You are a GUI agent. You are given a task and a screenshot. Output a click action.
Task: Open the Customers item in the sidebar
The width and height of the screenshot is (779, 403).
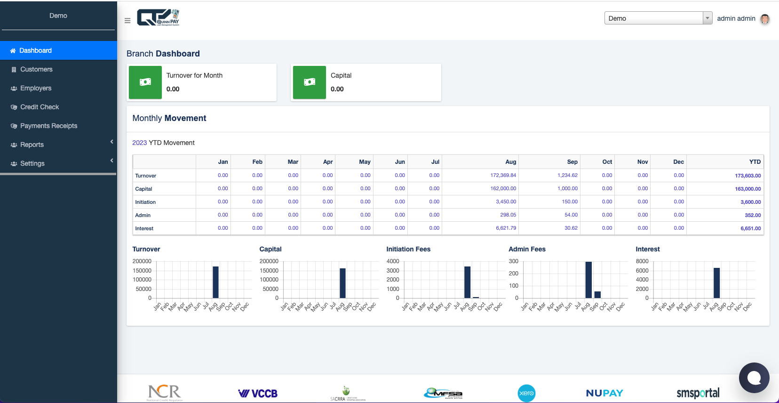pos(36,69)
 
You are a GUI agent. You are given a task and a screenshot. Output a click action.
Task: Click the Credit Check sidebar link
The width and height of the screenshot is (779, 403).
pos(40,107)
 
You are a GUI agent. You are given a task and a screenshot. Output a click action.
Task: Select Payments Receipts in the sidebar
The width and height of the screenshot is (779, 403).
pos(48,126)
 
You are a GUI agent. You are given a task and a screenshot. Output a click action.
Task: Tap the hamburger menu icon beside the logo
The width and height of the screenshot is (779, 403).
pos(127,21)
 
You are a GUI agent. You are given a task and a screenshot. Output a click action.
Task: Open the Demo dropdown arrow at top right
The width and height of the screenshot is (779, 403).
pos(707,18)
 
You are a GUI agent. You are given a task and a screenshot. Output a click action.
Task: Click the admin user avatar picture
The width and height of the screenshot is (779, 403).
pos(765,19)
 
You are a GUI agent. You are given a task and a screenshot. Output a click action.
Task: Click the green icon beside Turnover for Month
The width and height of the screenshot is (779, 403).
pos(145,82)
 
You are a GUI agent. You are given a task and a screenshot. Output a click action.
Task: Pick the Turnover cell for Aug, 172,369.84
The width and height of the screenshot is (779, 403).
pos(503,175)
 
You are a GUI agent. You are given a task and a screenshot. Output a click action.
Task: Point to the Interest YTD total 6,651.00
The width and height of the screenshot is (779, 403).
pos(750,228)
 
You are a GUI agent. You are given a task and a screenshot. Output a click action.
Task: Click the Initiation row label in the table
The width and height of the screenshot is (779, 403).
pos(145,202)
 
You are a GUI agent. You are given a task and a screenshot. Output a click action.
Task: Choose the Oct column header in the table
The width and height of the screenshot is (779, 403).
pos(607,162)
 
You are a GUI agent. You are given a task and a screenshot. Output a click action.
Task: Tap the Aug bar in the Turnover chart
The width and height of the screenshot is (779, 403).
pos(215,282)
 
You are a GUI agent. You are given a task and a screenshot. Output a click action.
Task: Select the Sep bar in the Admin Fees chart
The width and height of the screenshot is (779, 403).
pos(597,295)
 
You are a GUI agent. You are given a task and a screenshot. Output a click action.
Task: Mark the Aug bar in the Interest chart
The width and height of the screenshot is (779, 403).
pos(716,283)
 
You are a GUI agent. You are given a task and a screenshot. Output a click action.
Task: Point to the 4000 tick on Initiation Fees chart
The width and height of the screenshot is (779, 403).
pos(393,261)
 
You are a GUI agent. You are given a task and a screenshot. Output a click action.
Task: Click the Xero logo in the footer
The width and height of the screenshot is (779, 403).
pos(526,393)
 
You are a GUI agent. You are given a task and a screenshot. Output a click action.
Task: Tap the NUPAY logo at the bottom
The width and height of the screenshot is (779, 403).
pos(604,393)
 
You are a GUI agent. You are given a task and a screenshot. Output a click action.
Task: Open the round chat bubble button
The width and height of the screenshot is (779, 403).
pos(754,378)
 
